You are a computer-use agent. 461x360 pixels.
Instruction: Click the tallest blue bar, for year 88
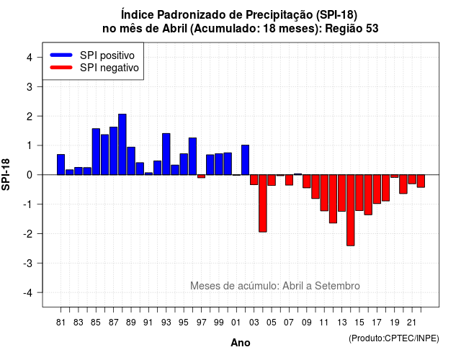[122, 144]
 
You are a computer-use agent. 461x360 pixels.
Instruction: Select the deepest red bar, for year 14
[351, 210]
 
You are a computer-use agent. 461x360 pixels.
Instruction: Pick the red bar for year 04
[263, 203]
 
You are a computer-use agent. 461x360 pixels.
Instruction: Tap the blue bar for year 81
[61, 165]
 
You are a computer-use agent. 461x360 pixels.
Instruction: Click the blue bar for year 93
[166, 154]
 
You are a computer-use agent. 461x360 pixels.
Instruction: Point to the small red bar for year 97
[202, 176]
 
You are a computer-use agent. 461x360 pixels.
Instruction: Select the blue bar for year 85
[96, 152]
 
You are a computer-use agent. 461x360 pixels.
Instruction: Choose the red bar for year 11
[324, 193]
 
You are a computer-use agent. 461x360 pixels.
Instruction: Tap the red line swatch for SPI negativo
[61, 68]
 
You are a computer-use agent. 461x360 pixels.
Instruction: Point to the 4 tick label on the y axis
[30, 58]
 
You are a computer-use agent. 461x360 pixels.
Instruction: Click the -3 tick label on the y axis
[28, 263]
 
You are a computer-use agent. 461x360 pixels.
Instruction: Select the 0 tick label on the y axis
[30, 175]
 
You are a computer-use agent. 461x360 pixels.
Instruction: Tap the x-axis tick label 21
[411, 323]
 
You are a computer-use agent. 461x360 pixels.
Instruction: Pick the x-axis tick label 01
[236, 323]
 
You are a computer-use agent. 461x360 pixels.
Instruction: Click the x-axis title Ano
[241, 343]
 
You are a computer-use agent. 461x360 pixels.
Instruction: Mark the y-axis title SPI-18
[6, 174]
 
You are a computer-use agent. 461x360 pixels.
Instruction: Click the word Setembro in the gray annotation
[337, 286]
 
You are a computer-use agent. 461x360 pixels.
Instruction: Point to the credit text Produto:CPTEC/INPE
[394, 338]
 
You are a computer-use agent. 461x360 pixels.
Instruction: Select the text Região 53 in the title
[352, 29]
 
